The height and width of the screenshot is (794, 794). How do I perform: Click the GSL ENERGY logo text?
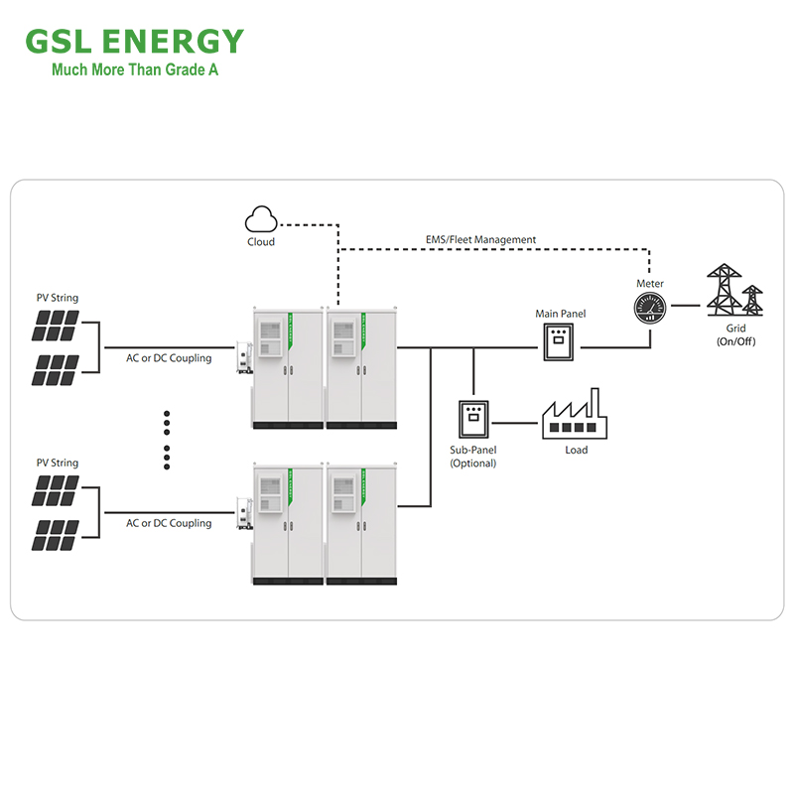pos(134,42)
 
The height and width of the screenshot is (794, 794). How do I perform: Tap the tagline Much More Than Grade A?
pos(135,70)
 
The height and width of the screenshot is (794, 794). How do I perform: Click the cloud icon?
pos(261,219)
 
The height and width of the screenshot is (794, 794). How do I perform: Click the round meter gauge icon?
pos(650,308)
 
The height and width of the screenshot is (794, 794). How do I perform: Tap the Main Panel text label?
pos(561,315)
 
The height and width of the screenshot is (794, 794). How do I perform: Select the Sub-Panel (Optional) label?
pos(473,457)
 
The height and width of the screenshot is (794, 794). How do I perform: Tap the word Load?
pos(577,450)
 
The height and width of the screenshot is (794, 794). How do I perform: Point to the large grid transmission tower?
pos(725,290)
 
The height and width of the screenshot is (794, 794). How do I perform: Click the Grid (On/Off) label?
pos(735,334)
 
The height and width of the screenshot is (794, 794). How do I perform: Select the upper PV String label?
pos(58,298)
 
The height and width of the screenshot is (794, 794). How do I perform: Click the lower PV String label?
pos(58,463)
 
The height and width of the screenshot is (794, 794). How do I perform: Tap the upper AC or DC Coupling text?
pos(169,358)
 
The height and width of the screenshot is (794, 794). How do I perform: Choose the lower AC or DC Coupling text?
pos(169,523)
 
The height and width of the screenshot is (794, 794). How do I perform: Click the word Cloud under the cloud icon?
pos(261,242)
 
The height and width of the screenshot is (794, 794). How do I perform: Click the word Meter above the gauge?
pos(650,284)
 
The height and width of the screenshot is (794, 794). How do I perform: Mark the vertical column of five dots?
pos(167,440)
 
